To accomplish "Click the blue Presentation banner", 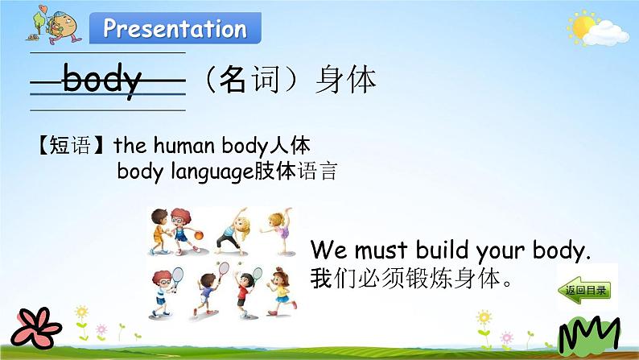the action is click(x=175, y=28).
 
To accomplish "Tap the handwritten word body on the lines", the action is click(x=102, y=80).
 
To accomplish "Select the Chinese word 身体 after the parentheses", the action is click(x=345, y=80).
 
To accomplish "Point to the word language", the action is click(x=212, y=172).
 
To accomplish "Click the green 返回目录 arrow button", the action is click(x=584, y=290).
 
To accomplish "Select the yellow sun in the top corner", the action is click(x=583, y=27).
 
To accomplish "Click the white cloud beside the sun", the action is click(x=606, y=34).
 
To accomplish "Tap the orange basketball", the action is click(x=199, y=235).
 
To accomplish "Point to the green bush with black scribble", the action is click(x=589, y=335).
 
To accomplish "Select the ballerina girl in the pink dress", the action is click(x=280, y=230).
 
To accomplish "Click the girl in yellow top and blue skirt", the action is click(x=281, y=292).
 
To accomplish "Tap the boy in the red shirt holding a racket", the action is click(x=245, y=292).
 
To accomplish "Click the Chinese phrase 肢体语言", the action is click(x=296, y=172).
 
